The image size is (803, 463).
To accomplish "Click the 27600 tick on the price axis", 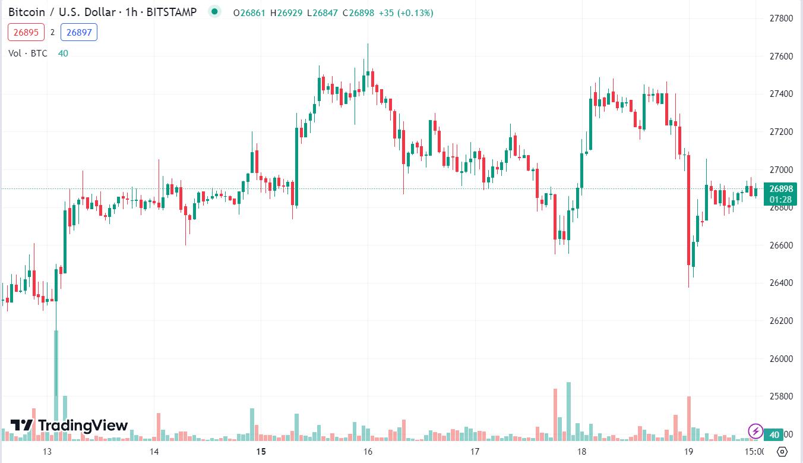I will [780, 56].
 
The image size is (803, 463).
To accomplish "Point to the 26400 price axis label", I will [780, 283].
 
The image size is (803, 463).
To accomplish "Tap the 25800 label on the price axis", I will [780, 396].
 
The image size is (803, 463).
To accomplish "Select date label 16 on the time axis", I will [368, 452].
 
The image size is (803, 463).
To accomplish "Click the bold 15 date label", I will [261, 452].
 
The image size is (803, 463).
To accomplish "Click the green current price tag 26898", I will [780, 189].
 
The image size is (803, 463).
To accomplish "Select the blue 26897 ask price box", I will [79, 33].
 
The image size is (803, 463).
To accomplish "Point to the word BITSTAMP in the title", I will [172, 12].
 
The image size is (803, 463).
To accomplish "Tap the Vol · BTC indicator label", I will [28, 53].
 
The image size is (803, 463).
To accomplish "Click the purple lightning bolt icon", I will [755, 430].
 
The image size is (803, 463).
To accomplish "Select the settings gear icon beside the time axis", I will [782, 451].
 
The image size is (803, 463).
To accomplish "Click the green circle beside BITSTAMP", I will [214, 12].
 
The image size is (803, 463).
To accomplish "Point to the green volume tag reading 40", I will [774, 435].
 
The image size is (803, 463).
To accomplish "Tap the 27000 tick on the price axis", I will [780, 170].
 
